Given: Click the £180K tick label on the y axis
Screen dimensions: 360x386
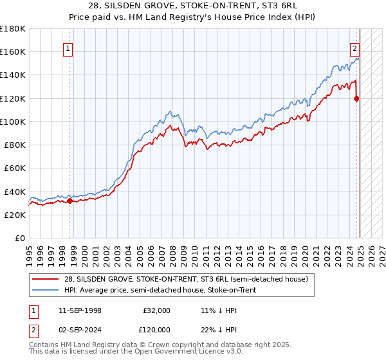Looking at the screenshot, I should (13, 29).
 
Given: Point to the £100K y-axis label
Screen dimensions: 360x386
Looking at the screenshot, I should (13, 122).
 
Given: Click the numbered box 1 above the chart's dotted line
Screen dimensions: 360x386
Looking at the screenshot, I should (68, 48).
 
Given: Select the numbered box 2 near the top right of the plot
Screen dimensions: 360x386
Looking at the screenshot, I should (354, 48).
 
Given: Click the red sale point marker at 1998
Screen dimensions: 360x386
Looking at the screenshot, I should (69, 201).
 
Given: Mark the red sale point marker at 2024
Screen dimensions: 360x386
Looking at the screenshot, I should (356, 98).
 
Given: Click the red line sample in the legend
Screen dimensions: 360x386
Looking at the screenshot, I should (46, 279).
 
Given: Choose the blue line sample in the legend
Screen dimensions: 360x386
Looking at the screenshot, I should (46, 291).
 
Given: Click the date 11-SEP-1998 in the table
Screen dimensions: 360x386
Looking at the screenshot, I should (80, 310).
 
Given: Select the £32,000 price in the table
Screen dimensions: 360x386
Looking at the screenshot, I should (157, 310).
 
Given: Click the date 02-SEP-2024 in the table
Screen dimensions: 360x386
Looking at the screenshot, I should (80, 329).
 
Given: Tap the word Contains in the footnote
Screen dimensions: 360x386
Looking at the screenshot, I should (44, 345).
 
